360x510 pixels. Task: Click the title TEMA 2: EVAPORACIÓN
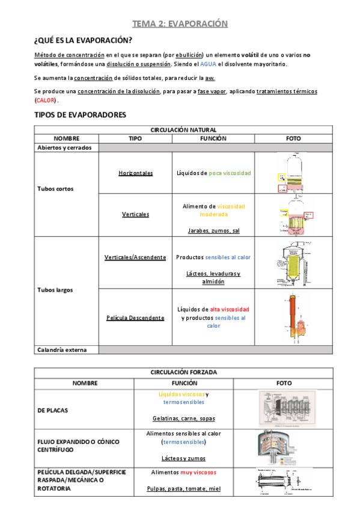180,24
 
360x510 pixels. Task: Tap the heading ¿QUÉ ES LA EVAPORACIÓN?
83,41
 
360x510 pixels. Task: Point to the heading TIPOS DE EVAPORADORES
80,114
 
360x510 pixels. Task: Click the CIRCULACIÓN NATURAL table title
183,130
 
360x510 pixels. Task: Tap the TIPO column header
136,138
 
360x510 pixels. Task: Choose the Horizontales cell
136,173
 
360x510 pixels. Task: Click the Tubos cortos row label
55,189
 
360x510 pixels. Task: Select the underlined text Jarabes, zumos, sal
213,230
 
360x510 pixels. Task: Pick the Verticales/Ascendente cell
135,257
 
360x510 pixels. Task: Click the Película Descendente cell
135,318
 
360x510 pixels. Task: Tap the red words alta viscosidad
229,309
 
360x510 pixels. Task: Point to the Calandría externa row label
62,349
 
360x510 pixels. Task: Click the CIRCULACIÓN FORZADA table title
183,372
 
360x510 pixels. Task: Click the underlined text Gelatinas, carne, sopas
183,418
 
